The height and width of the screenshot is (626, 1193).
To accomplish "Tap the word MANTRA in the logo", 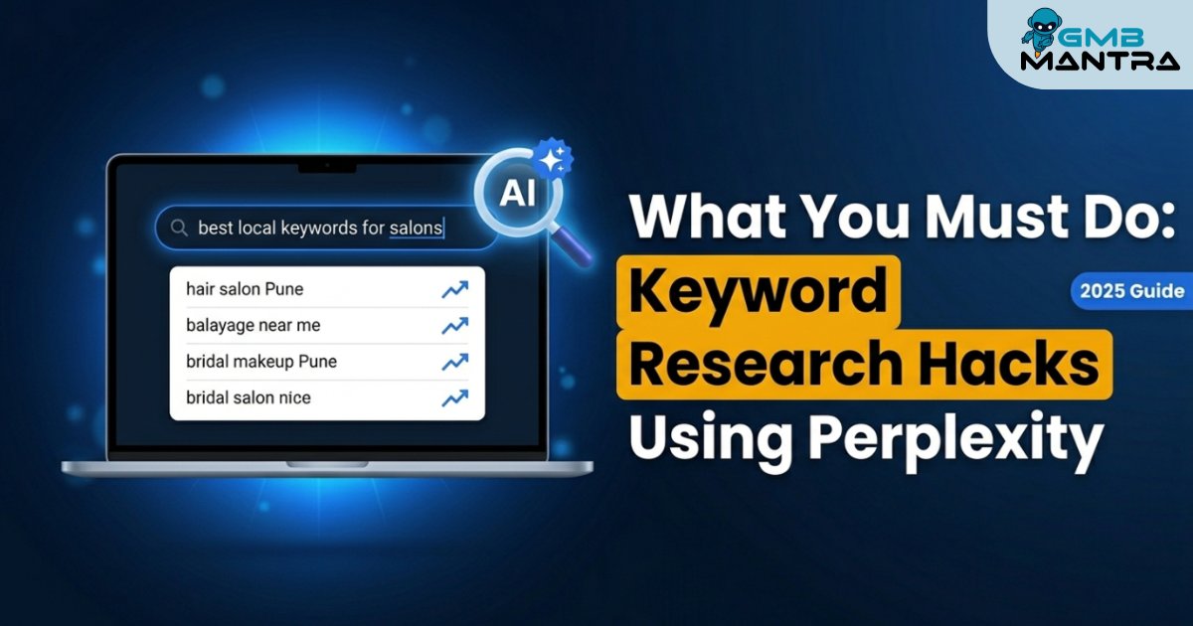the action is [1100, 62].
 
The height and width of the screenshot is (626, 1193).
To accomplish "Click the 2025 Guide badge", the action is [1132, 290].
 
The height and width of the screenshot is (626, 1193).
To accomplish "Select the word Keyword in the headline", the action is [759, 293].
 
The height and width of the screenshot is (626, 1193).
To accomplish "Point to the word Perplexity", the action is [956, 439].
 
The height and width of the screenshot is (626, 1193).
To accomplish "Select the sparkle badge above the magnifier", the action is [553, 158].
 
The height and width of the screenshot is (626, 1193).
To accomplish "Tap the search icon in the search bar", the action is [179, 228].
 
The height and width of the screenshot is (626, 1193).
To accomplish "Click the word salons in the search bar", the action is [416, 228].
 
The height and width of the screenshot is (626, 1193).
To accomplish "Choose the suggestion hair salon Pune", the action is [245, 289].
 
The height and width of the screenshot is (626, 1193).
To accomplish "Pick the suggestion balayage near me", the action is [253, 325].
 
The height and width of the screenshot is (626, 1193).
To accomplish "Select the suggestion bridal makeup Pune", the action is [260, 362].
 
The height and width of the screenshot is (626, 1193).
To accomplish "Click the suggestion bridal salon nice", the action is [249, 397].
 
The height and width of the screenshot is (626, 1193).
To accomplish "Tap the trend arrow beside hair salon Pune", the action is [455, 289].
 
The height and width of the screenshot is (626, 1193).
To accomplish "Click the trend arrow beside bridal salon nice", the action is [455, 398].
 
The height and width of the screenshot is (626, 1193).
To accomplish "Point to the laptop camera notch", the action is [327, 167].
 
